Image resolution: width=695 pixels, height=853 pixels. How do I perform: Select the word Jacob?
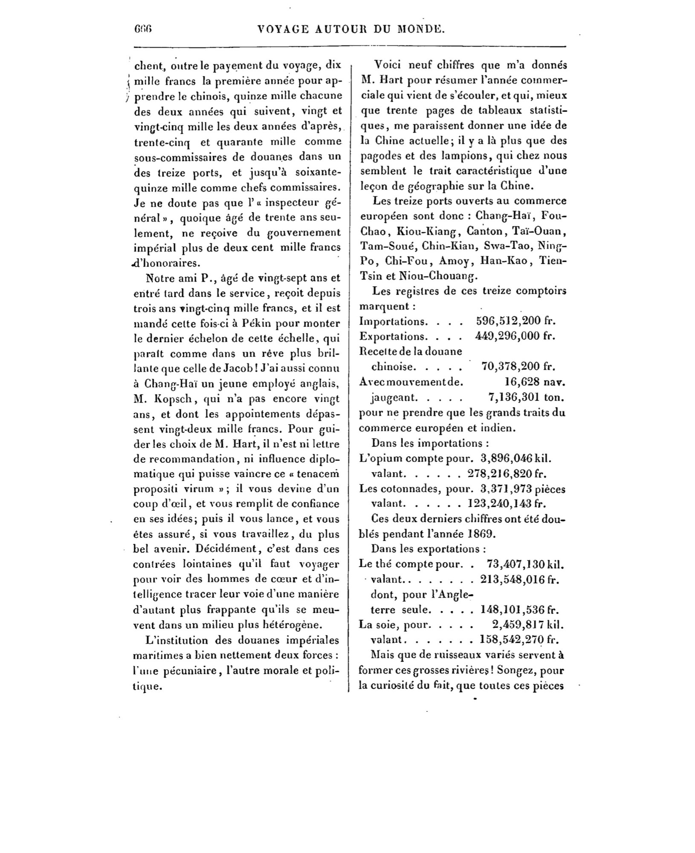[239, 368]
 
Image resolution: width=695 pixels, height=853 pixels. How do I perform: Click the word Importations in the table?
[393, 321]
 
